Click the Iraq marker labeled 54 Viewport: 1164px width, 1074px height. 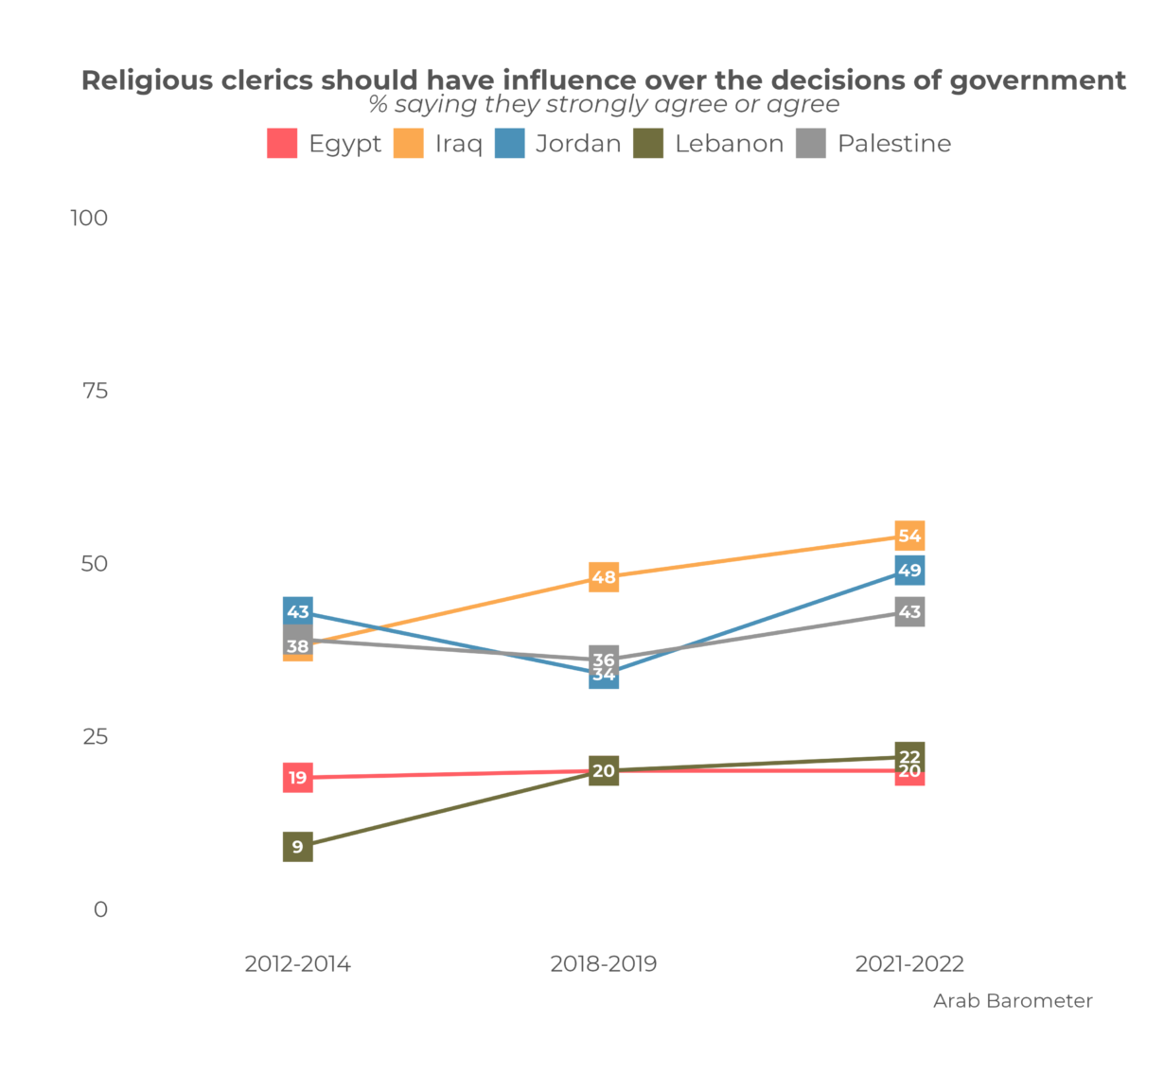click(909, 536)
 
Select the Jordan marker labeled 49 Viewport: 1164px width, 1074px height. click(909, 571)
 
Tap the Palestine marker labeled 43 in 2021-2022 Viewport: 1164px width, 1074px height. click(909, 612)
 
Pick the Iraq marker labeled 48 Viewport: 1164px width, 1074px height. click(604, 577)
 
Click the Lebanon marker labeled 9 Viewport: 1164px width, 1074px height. click(298, 847)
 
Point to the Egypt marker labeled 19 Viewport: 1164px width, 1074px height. click(298, 778)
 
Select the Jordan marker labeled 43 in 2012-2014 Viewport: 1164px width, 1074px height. click(298, 611)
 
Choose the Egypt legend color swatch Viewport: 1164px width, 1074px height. click(282, 144)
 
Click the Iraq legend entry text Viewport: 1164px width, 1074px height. click(458, 144)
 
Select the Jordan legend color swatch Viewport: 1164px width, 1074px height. click(509, 144)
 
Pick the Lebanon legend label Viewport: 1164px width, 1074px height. click(729, 144)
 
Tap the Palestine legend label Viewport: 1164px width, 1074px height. click(893, 144)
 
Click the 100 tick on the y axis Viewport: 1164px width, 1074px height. click(89, 218)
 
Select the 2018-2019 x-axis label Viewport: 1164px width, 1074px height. click(604, 964)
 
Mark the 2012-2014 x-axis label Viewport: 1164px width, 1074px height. click(298, 964)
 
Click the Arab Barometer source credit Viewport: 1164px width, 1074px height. click(1013, 1001)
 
